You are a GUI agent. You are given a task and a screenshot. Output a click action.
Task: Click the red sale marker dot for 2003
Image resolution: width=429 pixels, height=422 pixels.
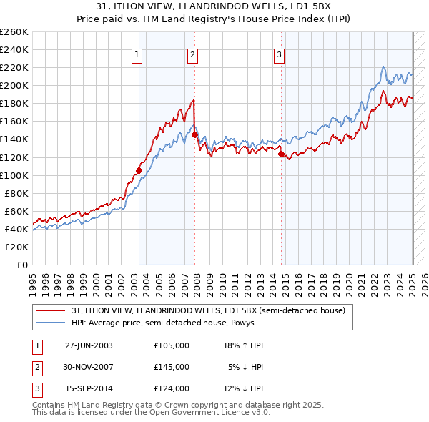click(x=139, y=170)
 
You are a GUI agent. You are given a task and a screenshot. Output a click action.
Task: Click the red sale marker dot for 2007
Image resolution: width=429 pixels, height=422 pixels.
click(x=194, y=134)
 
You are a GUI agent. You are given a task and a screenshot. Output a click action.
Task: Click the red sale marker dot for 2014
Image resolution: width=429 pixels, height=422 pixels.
click(x=281, y=153)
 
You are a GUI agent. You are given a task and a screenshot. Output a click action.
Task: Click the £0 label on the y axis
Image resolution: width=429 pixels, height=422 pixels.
click(x=21, y=265)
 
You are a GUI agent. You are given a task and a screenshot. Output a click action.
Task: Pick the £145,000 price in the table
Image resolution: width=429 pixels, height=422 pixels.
click(x=172, y=367)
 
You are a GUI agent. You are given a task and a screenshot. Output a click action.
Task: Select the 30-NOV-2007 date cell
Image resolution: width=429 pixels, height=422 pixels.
click(x=89, y=367)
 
